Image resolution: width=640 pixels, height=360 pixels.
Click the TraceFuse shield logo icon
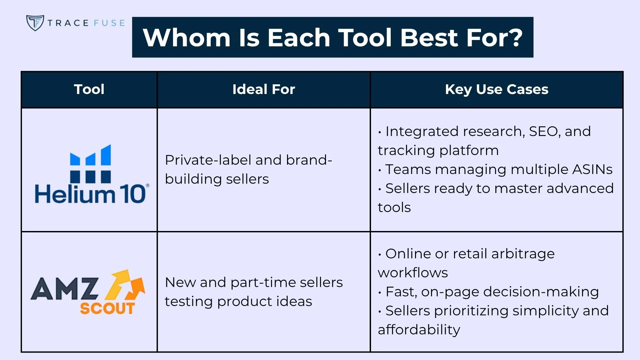(x=35, y=23)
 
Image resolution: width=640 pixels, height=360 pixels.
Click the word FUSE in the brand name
(x=109, y=23)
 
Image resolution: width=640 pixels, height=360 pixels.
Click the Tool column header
(x=89, y=89)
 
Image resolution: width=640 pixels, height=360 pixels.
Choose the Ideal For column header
(x=263, y=89)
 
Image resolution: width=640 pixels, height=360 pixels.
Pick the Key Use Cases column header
(x=496, y=89)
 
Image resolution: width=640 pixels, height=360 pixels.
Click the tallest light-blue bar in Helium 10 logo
(x=106, y=155)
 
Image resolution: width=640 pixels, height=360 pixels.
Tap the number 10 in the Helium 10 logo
(x=132, y=194)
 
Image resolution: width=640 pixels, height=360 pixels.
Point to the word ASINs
(x=592, y=169)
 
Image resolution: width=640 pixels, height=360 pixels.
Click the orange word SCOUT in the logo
(x=107, y=308)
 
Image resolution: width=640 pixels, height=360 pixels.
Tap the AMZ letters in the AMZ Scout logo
(x=65, y=289)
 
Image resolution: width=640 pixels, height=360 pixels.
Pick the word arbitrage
(x=523, y=254)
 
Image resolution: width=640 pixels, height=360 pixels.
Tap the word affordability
(x=419, y=330)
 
